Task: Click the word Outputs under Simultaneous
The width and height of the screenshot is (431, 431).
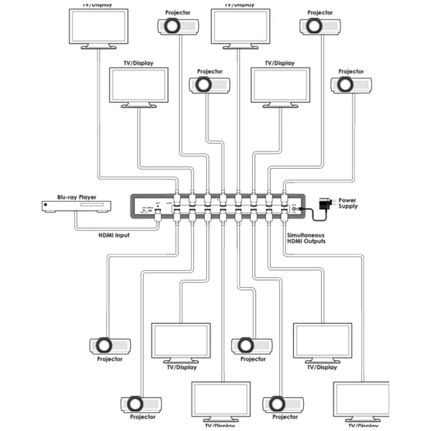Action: (314, 242)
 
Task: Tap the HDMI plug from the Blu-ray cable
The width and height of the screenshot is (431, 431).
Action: (158, 216)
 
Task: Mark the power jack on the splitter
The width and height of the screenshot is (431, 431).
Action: (295, 210)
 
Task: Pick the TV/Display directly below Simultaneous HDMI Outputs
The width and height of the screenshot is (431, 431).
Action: (322, 341)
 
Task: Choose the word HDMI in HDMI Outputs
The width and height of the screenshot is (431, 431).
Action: (295, 242)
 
